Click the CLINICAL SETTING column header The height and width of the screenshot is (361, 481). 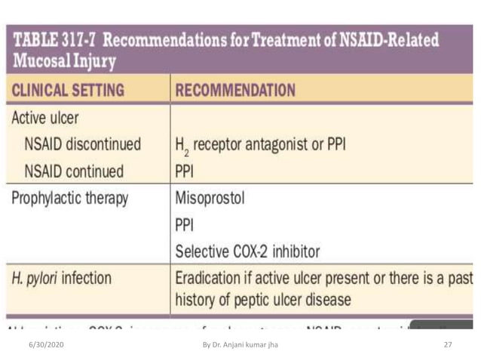coord(67,91)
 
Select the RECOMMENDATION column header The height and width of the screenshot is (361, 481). coord(235,91)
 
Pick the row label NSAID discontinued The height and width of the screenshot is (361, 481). coord(83,143)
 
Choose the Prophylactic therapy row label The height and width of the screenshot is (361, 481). coord(70,199)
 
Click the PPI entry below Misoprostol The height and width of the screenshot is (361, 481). coord(185,225)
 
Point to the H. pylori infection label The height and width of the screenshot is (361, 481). coord(61,278)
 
